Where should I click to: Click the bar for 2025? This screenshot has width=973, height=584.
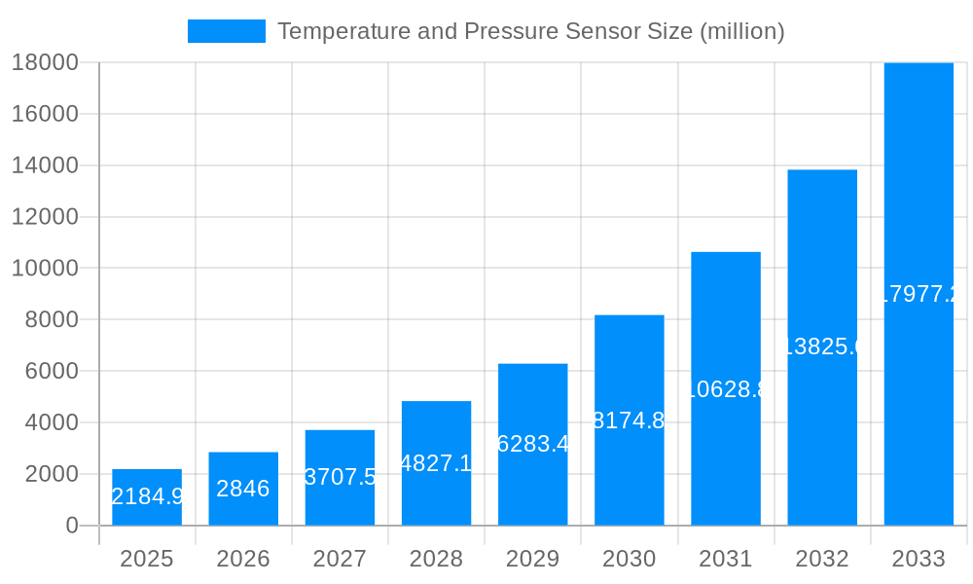pyautogui.click(x=147, y=497)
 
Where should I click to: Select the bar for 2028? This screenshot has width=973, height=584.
pyautogui.click(x=436, y=463)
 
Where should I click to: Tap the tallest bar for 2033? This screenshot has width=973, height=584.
pyautogui.click(x=919, y=294)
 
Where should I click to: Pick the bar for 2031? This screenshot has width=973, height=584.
pyautogui.click(x=726, y=389)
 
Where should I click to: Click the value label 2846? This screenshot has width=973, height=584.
pyautogui.click(x=243, y=489)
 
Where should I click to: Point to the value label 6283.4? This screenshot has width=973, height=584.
pyautogui.click(x=532, y=444)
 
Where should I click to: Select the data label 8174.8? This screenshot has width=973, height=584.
pyautogui.click(x=629, y=420)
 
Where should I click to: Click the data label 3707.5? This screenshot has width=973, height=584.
pyautogui.click(x=340, y=477)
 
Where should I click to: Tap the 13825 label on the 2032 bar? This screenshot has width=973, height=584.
pyautogui.click(x=822, y=347)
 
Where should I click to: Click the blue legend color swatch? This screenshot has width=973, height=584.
pyautogui.click(x=226, y=31)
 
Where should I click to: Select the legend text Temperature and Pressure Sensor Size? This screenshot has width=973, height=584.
pyautogui.click(x=530, y=31)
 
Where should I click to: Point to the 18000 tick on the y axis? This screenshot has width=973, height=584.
pyautogui.click(x=45, y=62)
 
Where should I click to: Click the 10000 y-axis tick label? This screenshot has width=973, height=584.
pyautogui.click(x=45, y=269)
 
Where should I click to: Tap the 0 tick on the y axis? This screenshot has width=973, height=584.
pyautogui.click(x=71, y=526)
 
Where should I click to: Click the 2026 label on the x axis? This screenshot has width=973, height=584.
pyautogui.click(x=243, y=559)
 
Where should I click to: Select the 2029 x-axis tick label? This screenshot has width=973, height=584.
pyautogui.click(x=532, y=559)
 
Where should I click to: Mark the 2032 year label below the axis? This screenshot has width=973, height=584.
pyautogui.click(x=822, y=559)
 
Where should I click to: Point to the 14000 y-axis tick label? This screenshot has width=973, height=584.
pyautogui.click(x=45, y=165)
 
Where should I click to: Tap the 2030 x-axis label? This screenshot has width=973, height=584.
pyautogui.click(x=629, y=559)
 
